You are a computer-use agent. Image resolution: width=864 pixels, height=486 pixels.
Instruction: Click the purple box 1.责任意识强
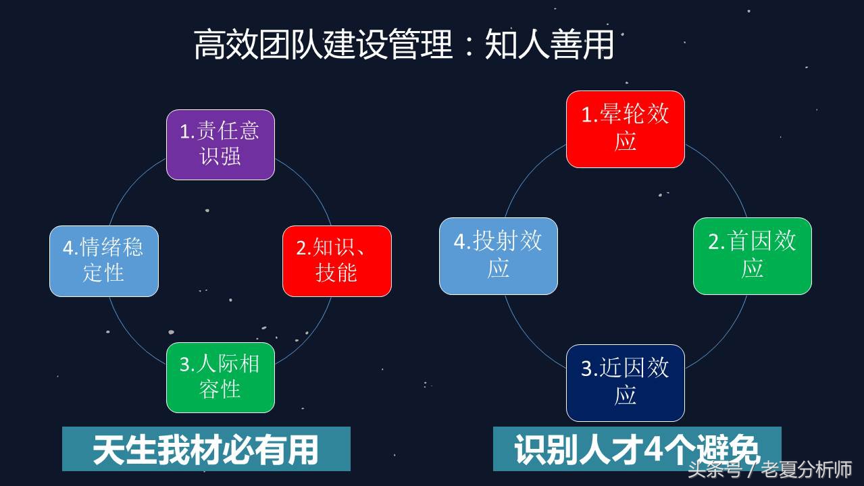coord(220,144)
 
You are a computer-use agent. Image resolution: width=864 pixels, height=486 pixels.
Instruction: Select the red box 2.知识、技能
coord(336,261)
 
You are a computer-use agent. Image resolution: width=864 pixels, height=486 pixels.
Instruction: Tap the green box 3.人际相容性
coord(220,377)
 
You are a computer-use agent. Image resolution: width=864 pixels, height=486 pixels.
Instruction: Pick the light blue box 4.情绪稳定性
coord(104,261)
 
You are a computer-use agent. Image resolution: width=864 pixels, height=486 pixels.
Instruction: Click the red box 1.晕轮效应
coord(625,129)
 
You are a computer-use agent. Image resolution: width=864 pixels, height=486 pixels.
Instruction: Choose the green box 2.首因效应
coord(752,256)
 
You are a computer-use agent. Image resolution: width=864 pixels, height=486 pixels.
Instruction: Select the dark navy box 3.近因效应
coord(625,383)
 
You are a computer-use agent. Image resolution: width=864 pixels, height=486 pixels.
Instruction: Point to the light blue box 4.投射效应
coord(498,256)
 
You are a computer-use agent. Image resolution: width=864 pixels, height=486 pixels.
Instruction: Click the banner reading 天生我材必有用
coord(206,449)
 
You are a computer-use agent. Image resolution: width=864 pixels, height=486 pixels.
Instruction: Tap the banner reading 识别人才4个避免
coord(637,449)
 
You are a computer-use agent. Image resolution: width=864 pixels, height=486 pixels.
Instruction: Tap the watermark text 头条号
coord(715,469)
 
